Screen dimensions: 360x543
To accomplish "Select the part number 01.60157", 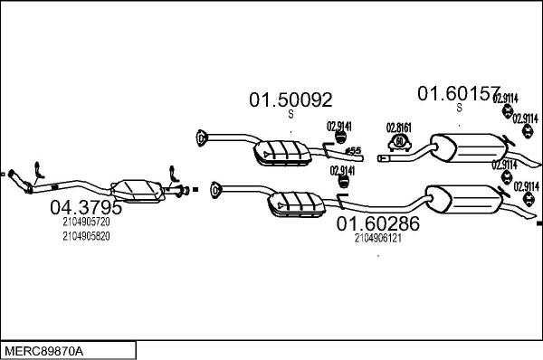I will tap(458, 93).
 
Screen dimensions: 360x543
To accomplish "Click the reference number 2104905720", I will tap(87, 222).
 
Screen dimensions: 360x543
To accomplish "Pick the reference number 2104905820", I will tap(87, 235).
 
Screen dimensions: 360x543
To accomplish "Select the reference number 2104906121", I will tap(378, 240).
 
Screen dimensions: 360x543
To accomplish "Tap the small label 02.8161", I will tap(399, 127).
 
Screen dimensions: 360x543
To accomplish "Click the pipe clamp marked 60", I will tap(399, 143).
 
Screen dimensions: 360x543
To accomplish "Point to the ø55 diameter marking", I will tap(353, 150).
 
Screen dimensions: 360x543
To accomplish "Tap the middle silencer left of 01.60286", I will tap(296, 204).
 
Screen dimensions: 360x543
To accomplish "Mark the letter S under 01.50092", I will tap(291, 115).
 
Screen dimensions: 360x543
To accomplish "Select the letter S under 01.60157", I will tap(459, 108).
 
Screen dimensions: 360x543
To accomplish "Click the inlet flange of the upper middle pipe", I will tap(201, 138).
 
